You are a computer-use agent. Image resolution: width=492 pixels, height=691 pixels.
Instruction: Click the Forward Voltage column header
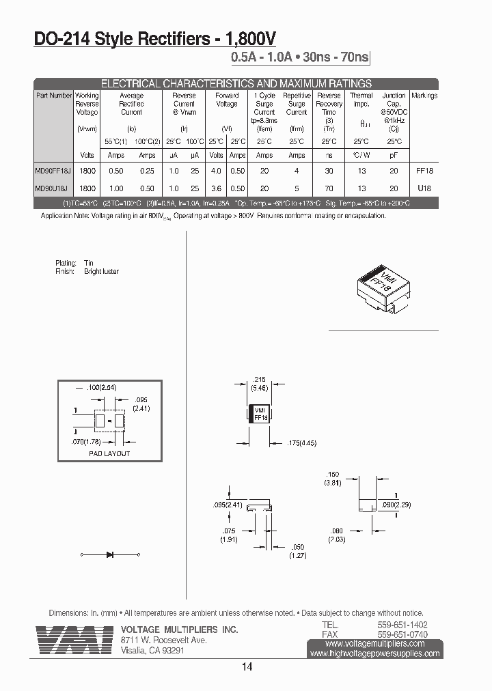click(x=227, y=100)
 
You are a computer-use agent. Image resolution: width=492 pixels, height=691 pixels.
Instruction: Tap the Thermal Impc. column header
click(x=361, y=100)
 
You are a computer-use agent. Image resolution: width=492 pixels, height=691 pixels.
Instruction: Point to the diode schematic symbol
click(x=110, y=554)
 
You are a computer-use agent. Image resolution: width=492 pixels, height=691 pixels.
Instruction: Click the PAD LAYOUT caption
click(x=109, y=453)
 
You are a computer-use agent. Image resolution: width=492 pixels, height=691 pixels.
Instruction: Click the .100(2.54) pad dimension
click(x=101, y=388)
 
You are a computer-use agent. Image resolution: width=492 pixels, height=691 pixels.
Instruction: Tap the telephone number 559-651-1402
click(x=402, y=625)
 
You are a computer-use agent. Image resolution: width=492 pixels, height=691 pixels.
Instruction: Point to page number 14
click(x=247, y=667)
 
